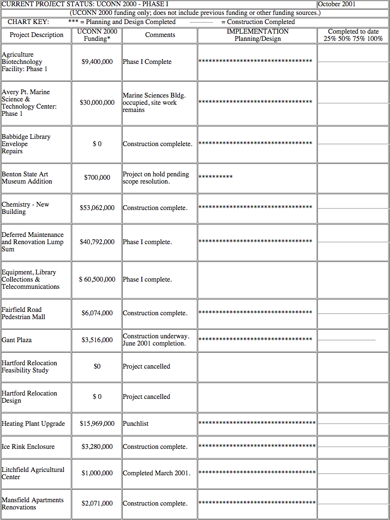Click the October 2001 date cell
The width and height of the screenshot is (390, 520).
[x=337, y=4]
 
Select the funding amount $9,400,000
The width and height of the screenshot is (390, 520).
[x=97, y=62]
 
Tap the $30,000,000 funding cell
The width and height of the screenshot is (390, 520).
[x=97, y=103]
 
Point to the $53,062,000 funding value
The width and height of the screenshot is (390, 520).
[x=97, y=208]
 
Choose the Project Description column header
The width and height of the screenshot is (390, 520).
[x=37, y=35]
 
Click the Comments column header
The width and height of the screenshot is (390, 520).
[x=160, y=35]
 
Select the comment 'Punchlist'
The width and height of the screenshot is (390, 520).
[x=136, y=424]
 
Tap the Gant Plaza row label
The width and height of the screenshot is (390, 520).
[x=17, y=340]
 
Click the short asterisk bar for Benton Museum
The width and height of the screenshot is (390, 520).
[x=215, y=177]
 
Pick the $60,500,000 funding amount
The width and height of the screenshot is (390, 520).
[x=97, y=280]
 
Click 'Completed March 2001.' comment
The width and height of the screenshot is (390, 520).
[x=156, y=473]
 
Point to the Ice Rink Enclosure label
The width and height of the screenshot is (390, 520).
[x=28, y=447]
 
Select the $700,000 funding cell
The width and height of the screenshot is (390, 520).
[x=97, y=178]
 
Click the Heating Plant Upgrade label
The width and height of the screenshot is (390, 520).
[x=33, y=424]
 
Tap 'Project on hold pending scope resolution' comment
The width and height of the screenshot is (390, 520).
[x=156, y=178]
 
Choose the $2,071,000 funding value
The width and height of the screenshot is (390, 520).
[x=97, y=504]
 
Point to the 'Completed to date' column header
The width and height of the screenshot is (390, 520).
[x=353, y=35]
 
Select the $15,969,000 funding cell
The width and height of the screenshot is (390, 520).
[x=97, y=424]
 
